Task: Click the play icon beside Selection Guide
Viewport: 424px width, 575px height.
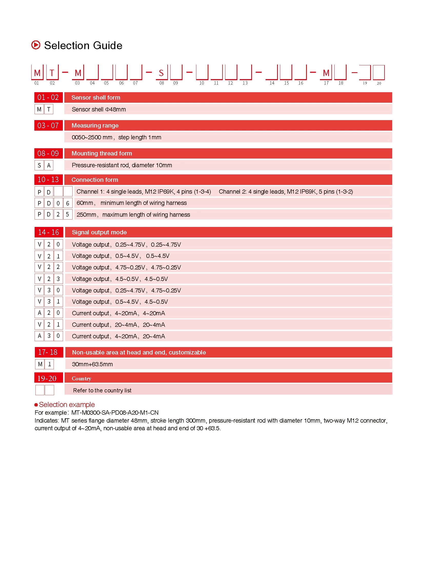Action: pos(36,45)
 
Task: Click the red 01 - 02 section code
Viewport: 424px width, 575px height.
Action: pos(48,98)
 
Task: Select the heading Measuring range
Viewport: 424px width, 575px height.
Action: pos(95,126)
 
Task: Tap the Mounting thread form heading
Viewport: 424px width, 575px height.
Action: pos(102,153)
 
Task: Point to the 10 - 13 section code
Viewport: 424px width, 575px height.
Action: pos(48,180)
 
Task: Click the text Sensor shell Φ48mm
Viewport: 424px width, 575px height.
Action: pos(99,109)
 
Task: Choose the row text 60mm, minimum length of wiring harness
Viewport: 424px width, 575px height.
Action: pos(132,203)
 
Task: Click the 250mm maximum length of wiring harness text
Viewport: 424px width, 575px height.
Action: pos(133,215)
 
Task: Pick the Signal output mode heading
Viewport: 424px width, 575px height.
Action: pos(99,232)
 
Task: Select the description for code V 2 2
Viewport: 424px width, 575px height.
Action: pos(126,267)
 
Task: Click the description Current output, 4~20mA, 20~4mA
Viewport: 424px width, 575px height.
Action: pos(118,336)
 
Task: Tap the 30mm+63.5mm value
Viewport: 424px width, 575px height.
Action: pos(92,364)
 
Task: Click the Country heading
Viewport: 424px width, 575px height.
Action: pos(81,379)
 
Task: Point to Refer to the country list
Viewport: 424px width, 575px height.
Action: pos(102,390)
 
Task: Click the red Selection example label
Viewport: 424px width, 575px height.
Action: pos(67,404)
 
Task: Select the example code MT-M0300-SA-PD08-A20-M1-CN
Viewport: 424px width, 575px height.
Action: pos(115,413)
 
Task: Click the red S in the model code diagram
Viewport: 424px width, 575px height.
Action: pos(161,73)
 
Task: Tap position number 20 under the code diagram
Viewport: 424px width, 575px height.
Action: pos(379,83)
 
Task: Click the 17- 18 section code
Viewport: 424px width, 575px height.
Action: pos(48,352)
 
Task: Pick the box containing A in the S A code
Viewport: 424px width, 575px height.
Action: pos(49,165)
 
